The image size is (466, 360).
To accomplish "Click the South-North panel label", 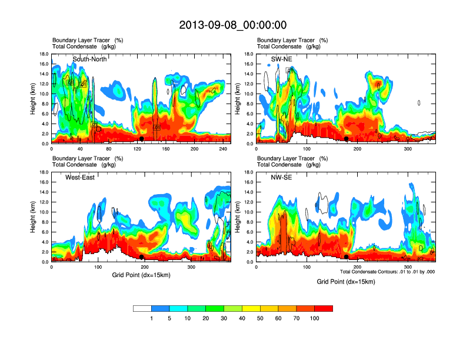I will (x=89, y=59).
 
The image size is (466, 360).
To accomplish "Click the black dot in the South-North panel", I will (x=142, y=139).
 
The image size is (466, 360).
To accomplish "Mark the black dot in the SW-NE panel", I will (x=347, y=139).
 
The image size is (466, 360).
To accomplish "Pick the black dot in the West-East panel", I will (x=142, y=257).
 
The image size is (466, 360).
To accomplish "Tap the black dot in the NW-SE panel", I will (x=347, y=257).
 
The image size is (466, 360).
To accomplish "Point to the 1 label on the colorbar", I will (x=151, y=318).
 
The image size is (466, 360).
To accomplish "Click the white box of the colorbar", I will (x=142, y=308).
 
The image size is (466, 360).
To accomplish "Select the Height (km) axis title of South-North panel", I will (x=33, y=98).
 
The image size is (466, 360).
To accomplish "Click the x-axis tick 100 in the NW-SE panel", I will (x=307, y=268).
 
